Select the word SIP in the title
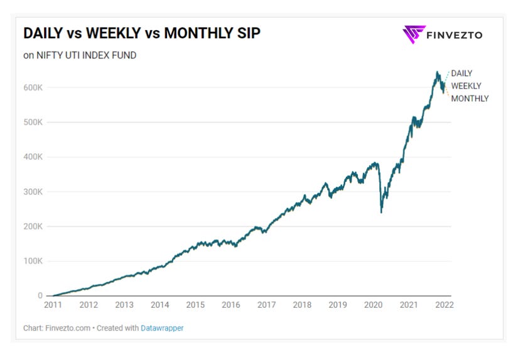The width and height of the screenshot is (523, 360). pos(248,33)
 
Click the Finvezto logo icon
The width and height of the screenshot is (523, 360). pos(414,34)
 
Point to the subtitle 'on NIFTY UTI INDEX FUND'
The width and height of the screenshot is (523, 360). pos(80,55)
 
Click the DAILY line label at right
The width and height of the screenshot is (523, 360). pos(461,74)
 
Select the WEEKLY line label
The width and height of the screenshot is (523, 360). pos(466,86)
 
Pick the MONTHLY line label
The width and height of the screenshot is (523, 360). pos(470,99)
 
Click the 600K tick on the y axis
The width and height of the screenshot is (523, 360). pos(33,87)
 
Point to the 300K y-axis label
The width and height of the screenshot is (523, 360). pos(33,192)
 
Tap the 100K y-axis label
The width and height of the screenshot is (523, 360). pos(33,261)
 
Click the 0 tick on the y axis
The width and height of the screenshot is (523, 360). pos(40,296)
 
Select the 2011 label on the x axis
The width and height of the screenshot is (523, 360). pos(53,305)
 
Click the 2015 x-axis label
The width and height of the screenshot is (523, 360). pos(195,305)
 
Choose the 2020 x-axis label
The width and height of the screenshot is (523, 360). pos(374,305)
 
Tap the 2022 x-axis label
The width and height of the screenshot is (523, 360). pos(444,305)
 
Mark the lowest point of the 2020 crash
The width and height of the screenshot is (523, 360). pos(382,212)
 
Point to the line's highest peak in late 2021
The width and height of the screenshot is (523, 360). pos(438,73)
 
